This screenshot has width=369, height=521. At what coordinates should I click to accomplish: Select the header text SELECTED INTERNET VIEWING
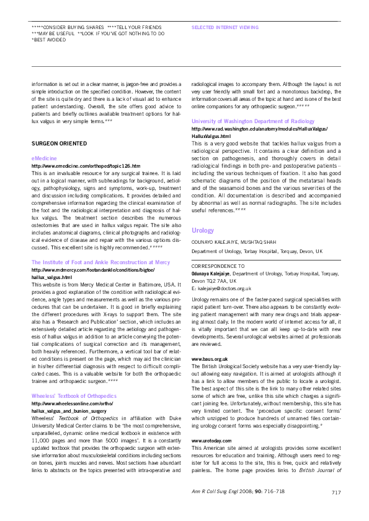[x=221, y=28]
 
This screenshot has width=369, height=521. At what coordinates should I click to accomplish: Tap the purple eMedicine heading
[x=42, y=159]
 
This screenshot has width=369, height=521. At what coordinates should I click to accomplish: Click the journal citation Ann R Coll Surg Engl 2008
[x=282, y=493]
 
